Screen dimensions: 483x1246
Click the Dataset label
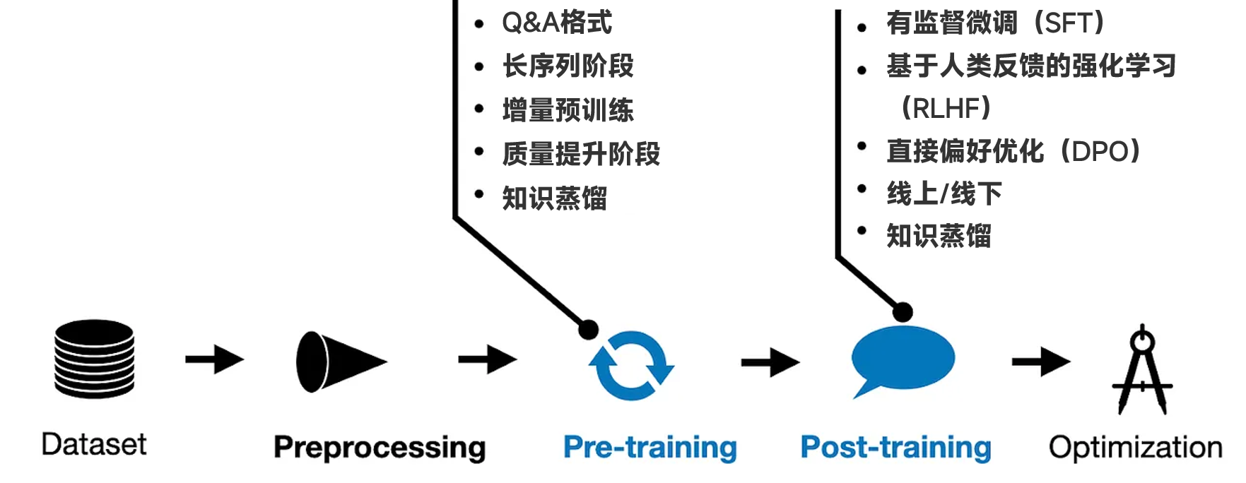(94, 445)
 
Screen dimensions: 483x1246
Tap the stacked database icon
(94, 359)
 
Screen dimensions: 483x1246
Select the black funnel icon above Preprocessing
(339, 362)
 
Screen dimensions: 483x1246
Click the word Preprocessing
(380, 448)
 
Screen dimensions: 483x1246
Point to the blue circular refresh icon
(631, 365)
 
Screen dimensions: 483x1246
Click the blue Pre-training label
(650, 448)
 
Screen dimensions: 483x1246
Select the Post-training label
(895, 448)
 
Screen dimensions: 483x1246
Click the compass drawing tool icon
(1142, 370)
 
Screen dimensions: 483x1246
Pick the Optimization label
(1135, 448)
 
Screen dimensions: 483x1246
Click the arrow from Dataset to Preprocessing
(214, 359)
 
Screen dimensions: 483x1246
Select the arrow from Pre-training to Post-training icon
(770, 362)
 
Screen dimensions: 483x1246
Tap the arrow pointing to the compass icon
(1040, 362)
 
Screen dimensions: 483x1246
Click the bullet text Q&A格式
(557, 23)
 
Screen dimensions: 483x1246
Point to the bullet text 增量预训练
(568, 110)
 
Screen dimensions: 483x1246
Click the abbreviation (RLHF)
(946, 109)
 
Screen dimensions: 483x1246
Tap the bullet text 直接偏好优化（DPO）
(1013, 151)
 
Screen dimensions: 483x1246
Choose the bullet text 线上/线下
(944, 193)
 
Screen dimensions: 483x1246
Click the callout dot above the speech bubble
(903, 311)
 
